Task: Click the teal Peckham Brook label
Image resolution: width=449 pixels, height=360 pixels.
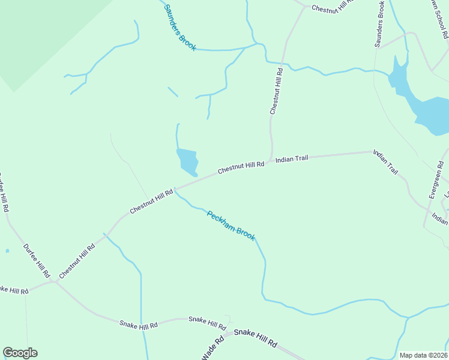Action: click(x=231, y=226)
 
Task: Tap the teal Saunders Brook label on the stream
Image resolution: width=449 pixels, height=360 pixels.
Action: click(x=179, y=28)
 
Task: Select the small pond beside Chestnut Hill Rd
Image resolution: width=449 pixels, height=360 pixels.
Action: click(x=187, y=160)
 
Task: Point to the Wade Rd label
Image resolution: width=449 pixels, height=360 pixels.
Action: click(x=212, y=348)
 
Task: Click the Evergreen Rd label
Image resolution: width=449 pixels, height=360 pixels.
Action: click(x=436, y=179)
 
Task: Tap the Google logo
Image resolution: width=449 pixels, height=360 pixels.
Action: click(x=20, y=353)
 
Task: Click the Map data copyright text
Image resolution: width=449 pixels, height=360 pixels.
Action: click(x=423, y=355)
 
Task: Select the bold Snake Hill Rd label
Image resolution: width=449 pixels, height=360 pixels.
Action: click(x=255, y=338)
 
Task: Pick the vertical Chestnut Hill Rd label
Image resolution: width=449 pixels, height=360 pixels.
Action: click(x=276, y=91)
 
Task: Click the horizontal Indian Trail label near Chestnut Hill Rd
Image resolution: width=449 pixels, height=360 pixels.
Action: click(x=292, y=159)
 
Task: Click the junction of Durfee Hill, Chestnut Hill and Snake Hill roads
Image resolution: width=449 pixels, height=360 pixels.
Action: click(x=55, y=281)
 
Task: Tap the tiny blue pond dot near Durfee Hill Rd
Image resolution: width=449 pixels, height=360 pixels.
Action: click(x=7, y=251)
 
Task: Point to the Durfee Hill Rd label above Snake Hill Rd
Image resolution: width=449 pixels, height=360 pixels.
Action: click(x=36, y=259)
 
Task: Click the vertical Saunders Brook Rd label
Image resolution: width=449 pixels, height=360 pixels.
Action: click(x=379, y=24)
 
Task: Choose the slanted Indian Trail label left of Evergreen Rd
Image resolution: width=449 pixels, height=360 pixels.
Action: click(x=385, y=162)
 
